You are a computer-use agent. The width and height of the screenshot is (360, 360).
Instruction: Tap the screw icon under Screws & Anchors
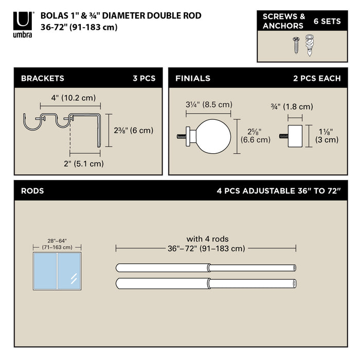point(297,44)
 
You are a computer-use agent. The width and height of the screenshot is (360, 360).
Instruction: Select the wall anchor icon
point(310,45)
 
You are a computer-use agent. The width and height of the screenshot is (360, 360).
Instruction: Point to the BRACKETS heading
point(42,79)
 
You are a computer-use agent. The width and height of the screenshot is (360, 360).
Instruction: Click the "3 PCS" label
point(144,79)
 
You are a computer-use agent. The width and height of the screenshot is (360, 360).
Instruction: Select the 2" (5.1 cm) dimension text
point(83,164)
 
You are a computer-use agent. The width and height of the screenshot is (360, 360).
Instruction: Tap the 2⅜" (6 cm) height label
point(133,130)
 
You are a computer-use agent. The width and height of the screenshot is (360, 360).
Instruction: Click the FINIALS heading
point(192,79)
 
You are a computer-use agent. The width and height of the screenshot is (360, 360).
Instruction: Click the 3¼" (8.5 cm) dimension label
point(209,105)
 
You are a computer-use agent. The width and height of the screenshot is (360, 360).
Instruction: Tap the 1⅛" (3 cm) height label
point(326,135)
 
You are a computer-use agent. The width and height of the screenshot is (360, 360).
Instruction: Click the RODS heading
point(32,191)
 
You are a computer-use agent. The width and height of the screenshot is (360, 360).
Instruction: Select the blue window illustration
point(57,271)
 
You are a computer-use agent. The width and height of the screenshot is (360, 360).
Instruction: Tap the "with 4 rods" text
point(207,239)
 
